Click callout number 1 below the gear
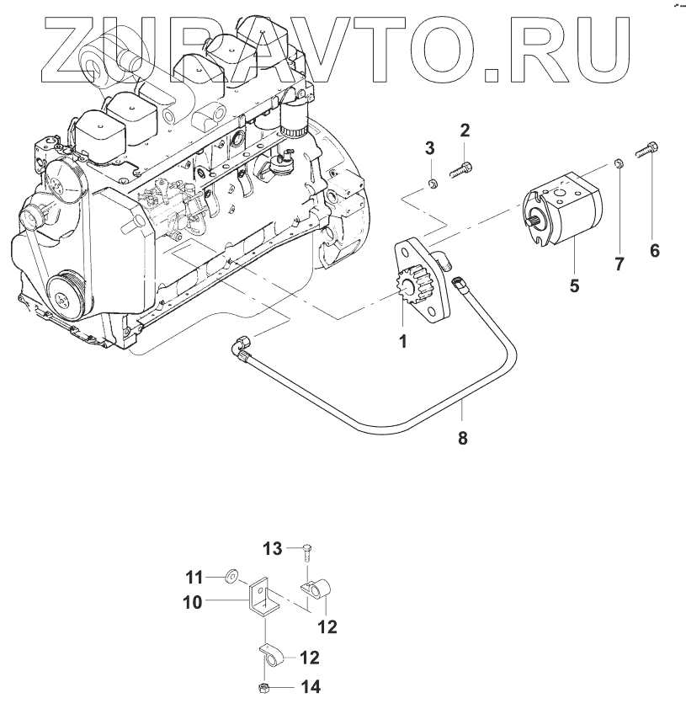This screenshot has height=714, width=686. pos(402,341)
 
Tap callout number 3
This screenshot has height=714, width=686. pos(429,148)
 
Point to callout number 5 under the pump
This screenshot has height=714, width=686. pos(574,285)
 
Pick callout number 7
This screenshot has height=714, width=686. pos(619,264)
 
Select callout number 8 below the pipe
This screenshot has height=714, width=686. pos(462,437)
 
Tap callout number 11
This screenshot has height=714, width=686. pos(194,577)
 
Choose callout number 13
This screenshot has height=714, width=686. pos(273,549)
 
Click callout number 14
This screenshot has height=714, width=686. pos(311,687)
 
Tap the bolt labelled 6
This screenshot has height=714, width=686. pos(648,152)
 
